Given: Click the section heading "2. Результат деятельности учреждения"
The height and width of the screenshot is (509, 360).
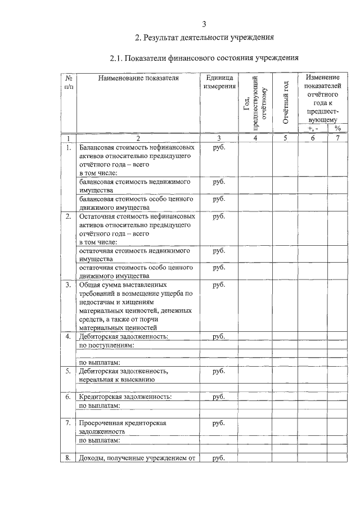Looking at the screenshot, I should click(x=204, y=38).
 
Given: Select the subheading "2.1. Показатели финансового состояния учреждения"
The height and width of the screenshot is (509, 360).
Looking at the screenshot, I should click(x=204, y=58).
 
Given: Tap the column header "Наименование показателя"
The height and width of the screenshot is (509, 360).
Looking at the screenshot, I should click(x=138, y=78).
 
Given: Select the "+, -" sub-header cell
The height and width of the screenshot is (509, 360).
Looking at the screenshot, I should click(x=313, y=128).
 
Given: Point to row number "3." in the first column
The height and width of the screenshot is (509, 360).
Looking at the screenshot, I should click(x=68, y=285).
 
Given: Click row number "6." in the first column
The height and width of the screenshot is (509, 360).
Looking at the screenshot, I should click(x=68, y=397).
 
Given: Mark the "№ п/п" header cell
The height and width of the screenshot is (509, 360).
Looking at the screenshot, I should click(x=69, y=82).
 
